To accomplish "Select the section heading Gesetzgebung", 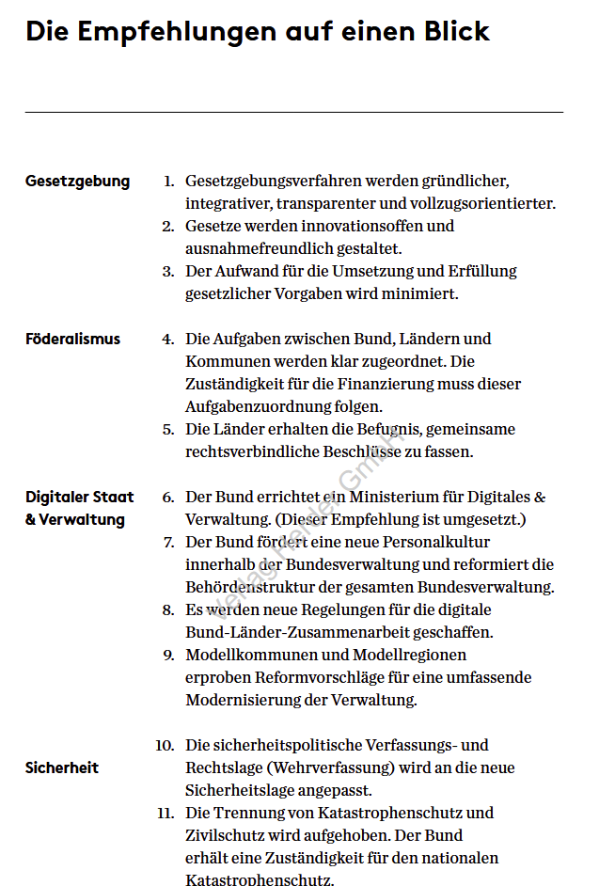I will tap(77, 182).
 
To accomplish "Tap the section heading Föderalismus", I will tap(72, 339).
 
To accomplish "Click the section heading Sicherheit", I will tap(62, 767).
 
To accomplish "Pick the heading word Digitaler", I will tap(58, 497).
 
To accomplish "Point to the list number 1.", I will tap(169, 181).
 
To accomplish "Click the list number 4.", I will tap(168, 339).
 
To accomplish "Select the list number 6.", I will tap(168, 497).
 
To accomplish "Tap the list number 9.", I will tap(168, 655).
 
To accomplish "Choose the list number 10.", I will tap(165, 745).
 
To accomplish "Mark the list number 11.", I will tap(166, 813).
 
